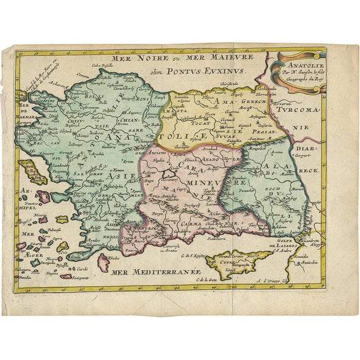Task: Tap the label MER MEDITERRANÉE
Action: [152, 273]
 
